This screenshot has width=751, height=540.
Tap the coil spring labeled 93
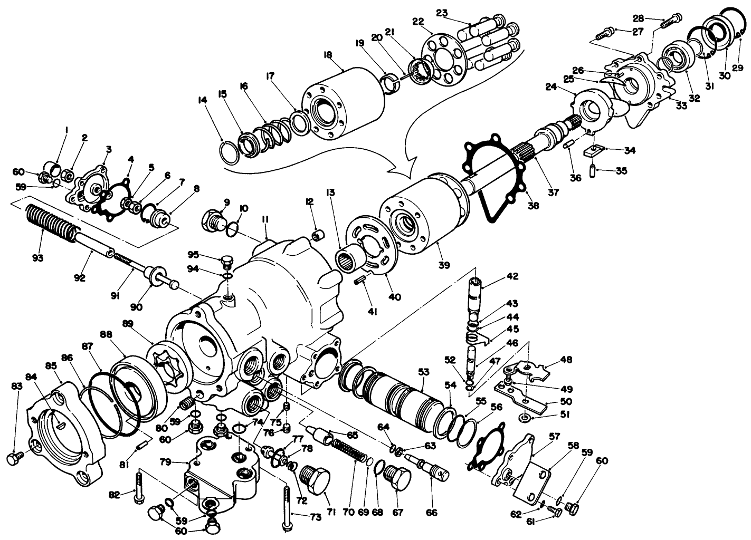pos(51,221)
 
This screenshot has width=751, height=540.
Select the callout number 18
pos(327,54)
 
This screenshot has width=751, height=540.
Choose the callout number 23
pos(442,13)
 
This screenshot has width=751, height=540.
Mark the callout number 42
pos(512,276)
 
